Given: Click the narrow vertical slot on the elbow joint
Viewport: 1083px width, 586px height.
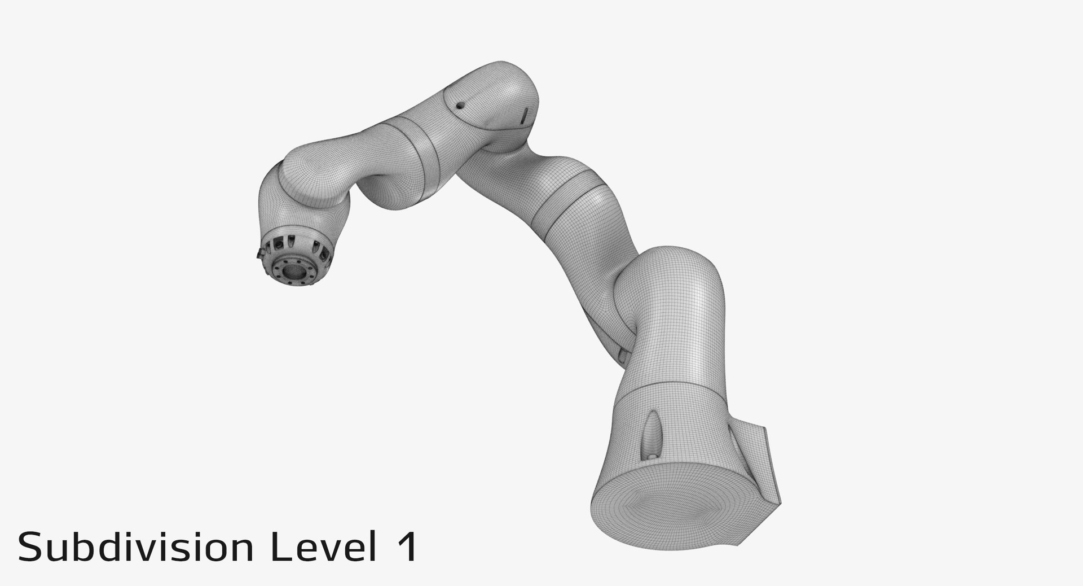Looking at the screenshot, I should point(523,116).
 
